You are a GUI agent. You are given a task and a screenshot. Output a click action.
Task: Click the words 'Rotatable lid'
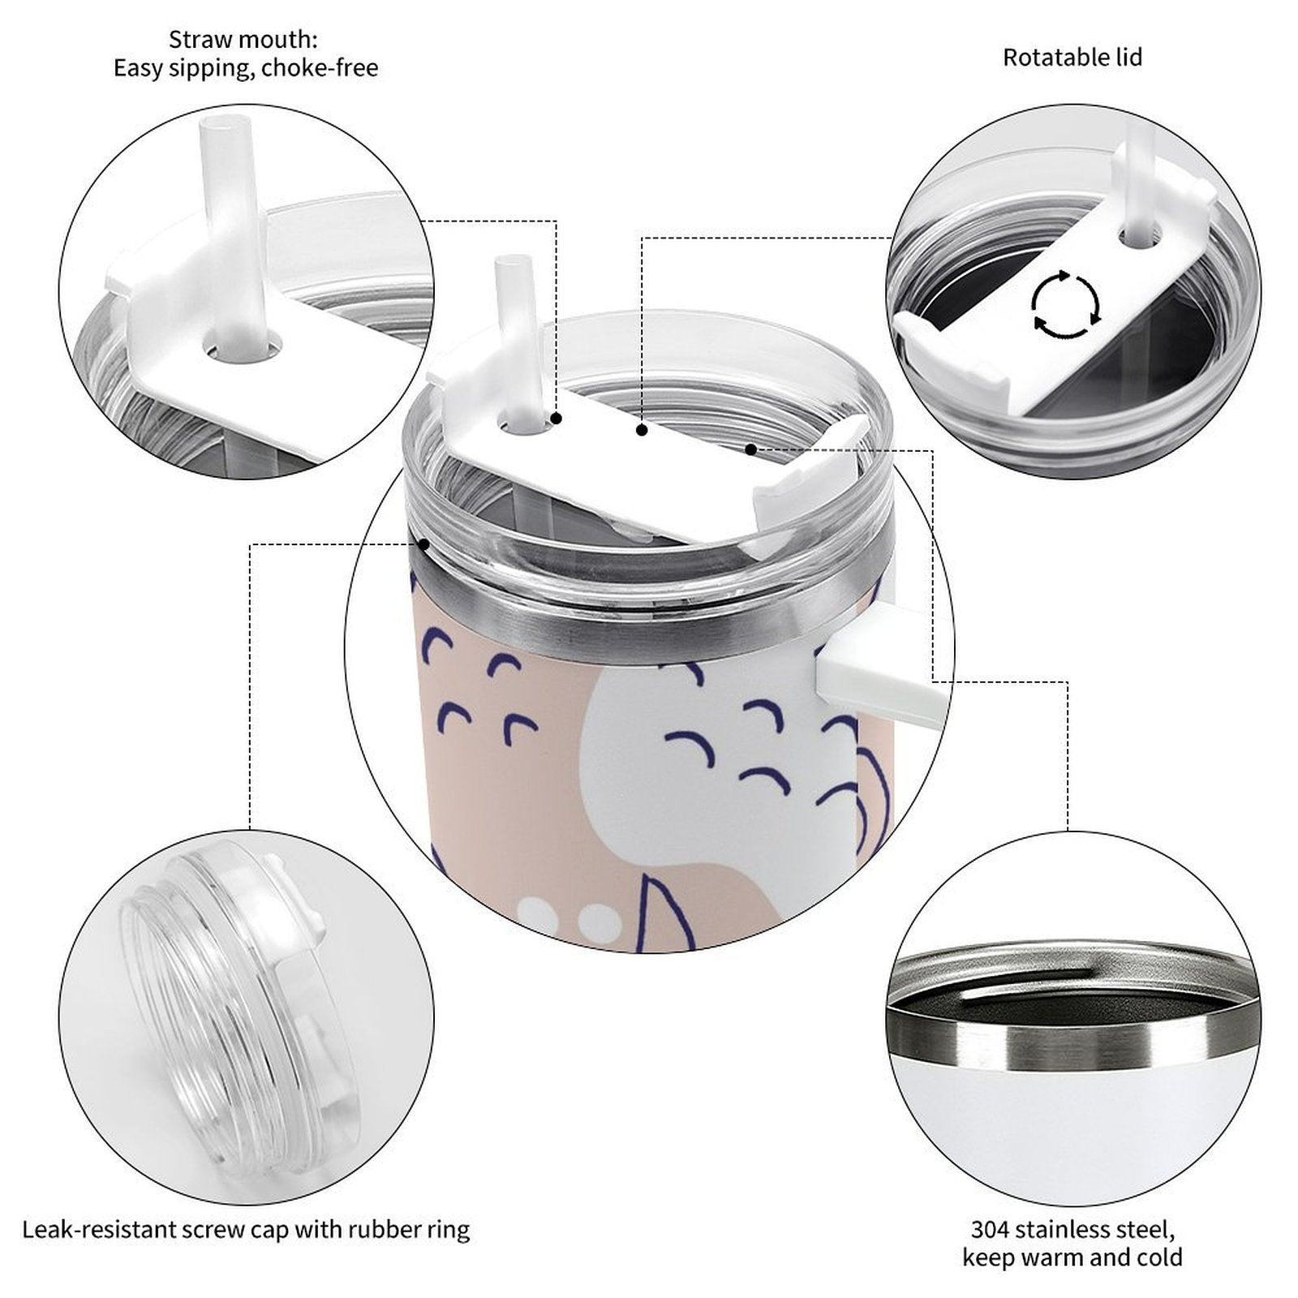pos(1072,58)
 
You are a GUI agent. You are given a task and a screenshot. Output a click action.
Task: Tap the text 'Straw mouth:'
pos(243,39)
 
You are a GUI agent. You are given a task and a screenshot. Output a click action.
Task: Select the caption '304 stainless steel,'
pos(1072,1229)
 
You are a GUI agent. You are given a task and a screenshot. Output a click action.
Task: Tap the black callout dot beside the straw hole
pos(557,419)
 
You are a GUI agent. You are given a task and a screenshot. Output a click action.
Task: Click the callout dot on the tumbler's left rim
pos(423,544)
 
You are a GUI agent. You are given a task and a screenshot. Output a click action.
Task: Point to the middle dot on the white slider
pos(642,430)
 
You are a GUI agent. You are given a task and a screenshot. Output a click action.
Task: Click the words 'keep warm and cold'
pos(1072,1258)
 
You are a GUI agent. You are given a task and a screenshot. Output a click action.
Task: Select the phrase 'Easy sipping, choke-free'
pos(246,68)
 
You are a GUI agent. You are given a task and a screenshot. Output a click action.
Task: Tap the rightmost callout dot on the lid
pos(751,449)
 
